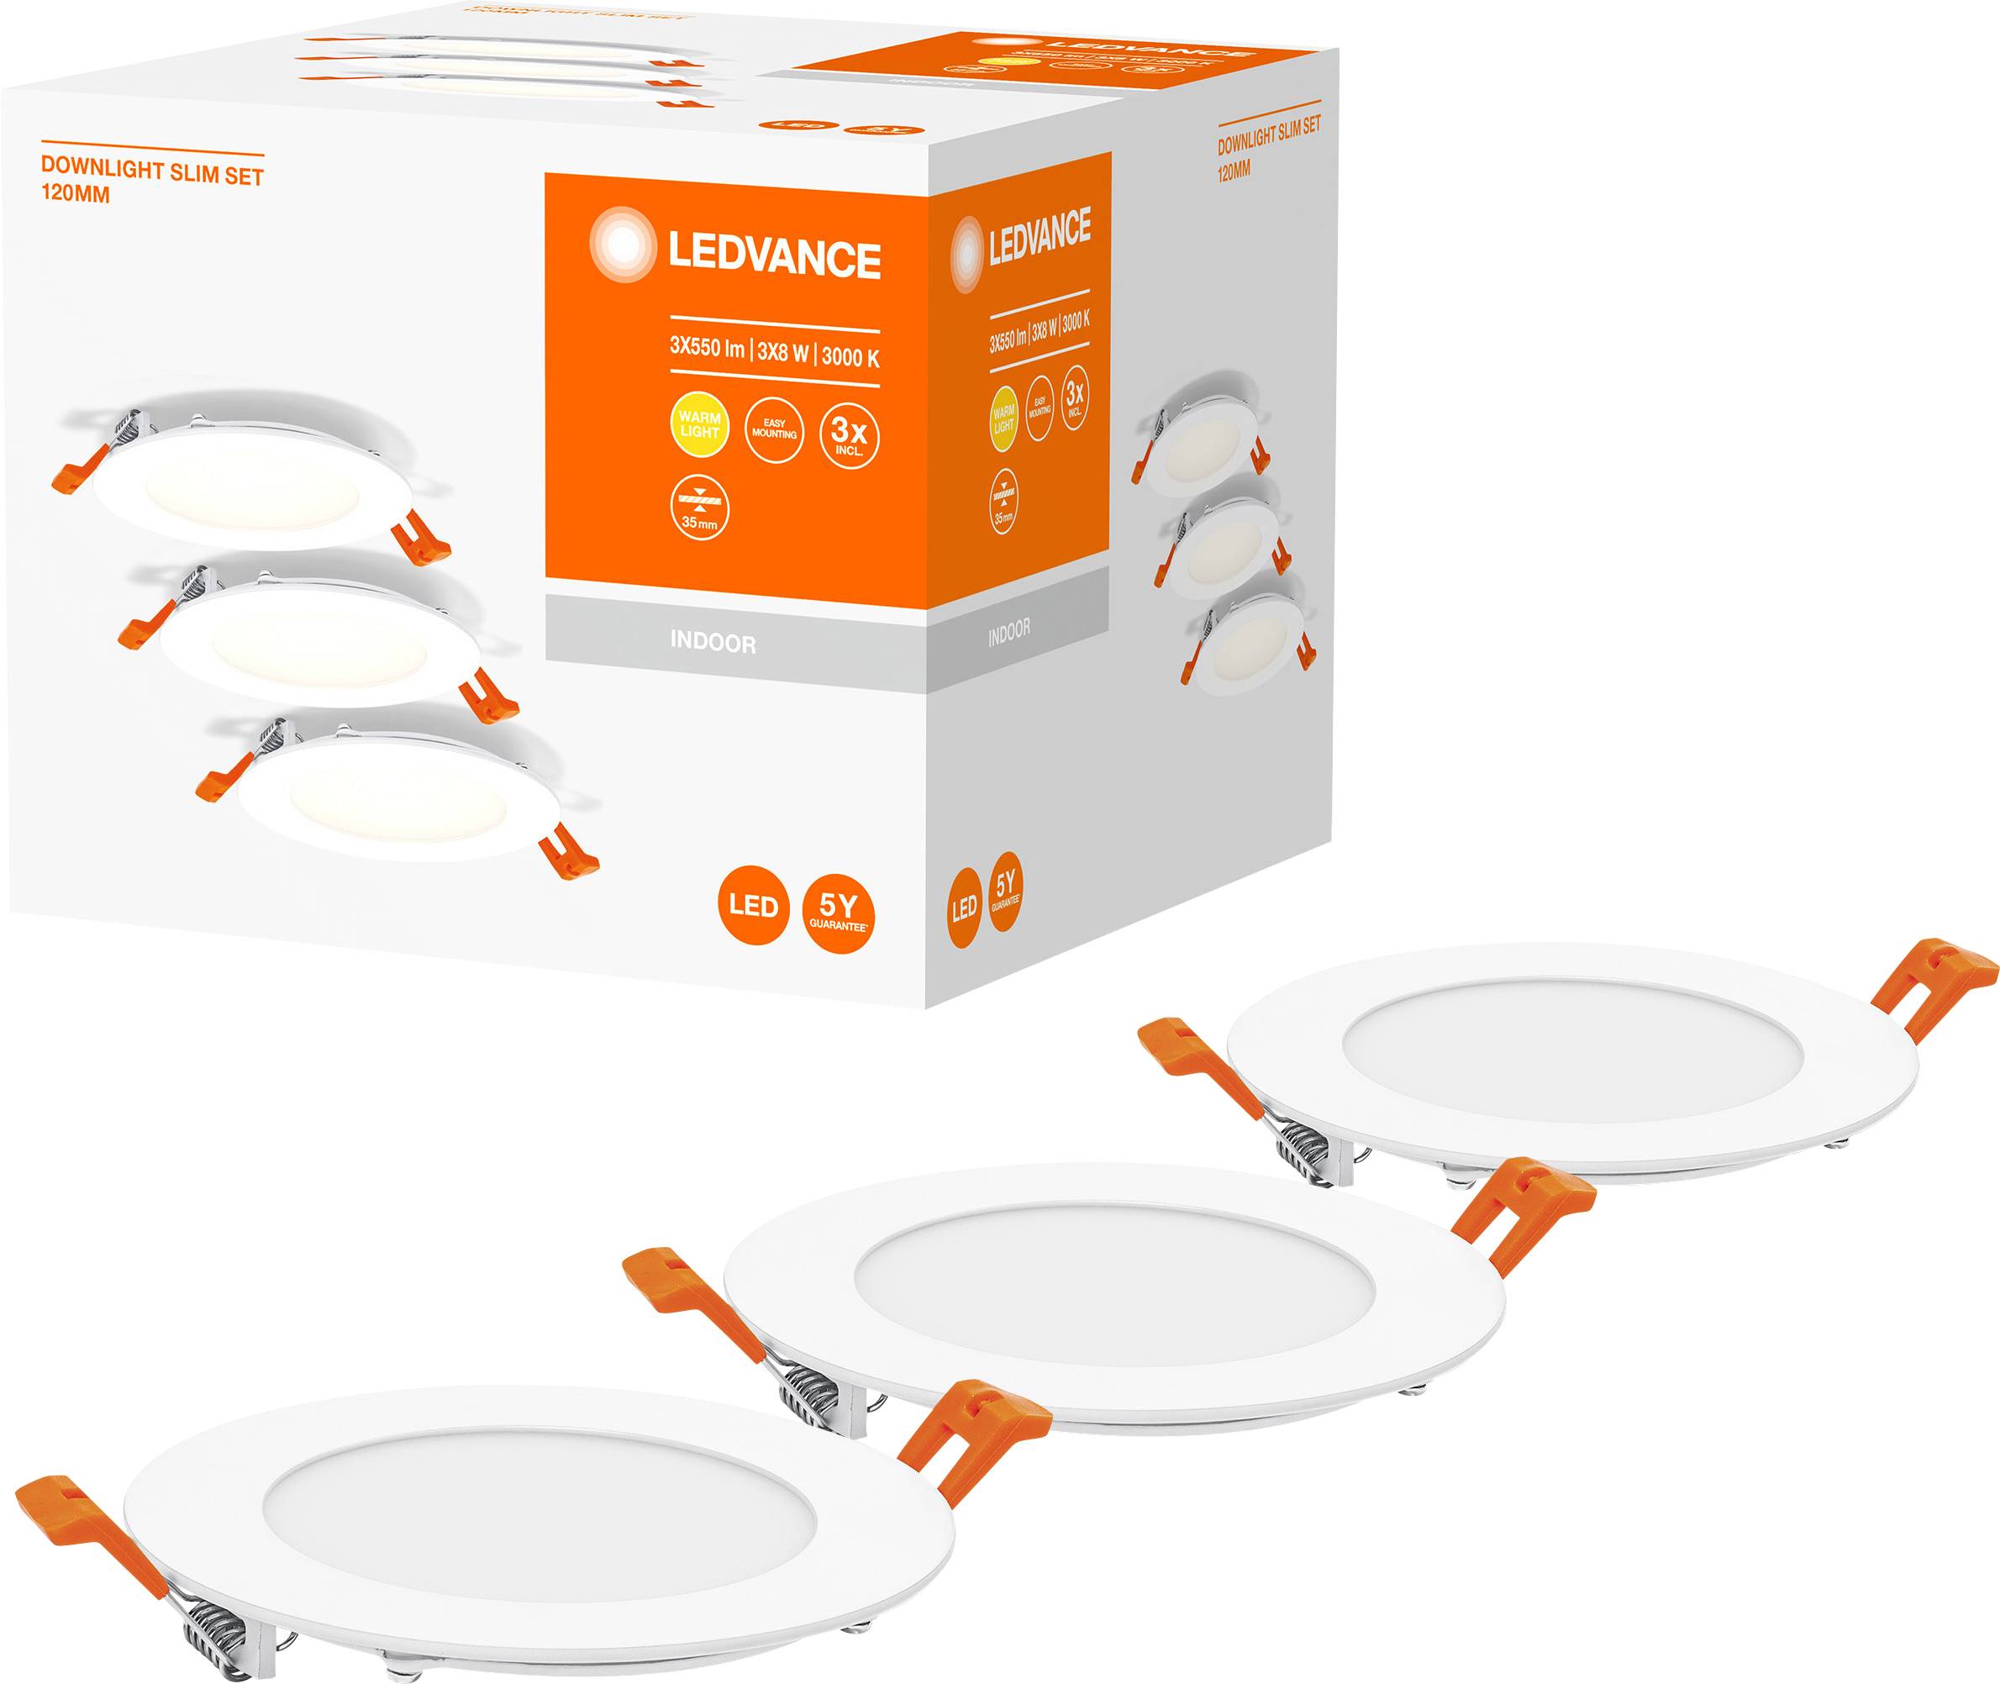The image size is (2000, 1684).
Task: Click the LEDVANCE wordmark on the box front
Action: pyautogui.click(x=773, y=257)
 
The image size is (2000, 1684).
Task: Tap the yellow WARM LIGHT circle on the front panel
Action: pyautogui.click(x=700, y=426)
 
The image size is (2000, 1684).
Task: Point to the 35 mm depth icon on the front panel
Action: pyautogui.click(x=700, y=509)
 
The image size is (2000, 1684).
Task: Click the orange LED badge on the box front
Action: pyautogui.click(x=753, y=906)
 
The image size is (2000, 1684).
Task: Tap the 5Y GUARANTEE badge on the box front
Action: pyautogui.click(x=838, y=912)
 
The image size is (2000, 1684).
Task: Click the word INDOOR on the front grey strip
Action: pyautogui.click(x=712, y=643)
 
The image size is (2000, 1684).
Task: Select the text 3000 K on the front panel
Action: pyautogui.click(x=850, y=357)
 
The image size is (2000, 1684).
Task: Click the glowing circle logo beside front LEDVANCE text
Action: pyautogui.click(x=623, y=247)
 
